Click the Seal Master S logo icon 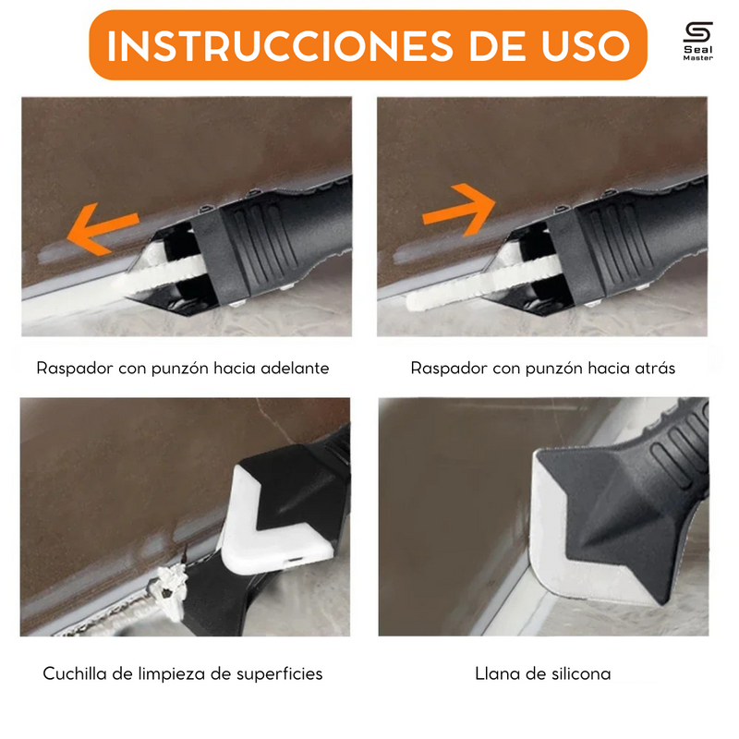tap(697, 32)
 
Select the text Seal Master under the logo tap(697, 54)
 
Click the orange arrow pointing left tap(103, 225)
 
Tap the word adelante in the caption tap(294, 368)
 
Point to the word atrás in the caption tap(653, 368)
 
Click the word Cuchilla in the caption tap(77, 673)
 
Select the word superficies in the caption tap(277, 673)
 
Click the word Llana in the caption tap(496, 673)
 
